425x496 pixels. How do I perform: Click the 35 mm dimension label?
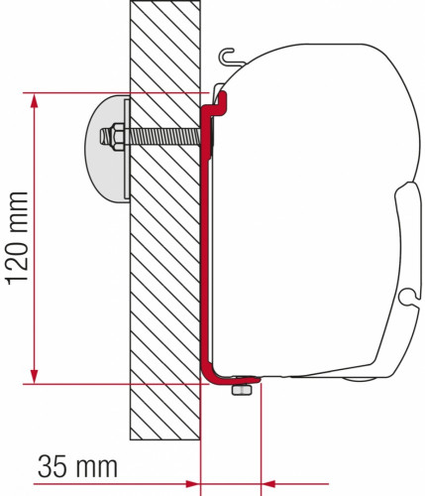coord(78,465)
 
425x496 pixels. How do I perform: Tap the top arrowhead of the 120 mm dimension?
coord(36,100)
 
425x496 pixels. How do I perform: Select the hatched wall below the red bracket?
coord(163,417)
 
